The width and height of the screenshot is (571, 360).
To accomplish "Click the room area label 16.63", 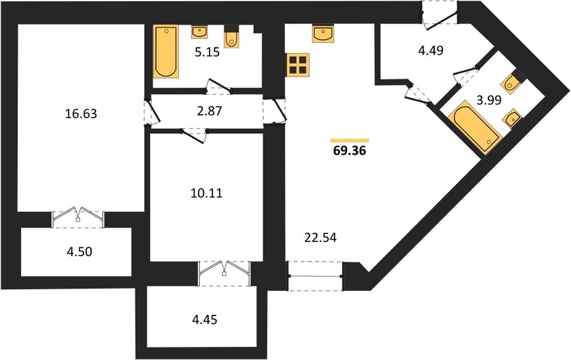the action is pyautogui.click(x=81, y=113).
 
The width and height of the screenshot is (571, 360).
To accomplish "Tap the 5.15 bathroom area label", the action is pyautogui.click(x=207, y=52).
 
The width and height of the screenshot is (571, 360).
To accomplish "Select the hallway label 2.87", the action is pyautogui.click(x=210, y=111).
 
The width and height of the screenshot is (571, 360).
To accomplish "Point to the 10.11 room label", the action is pyautogui.click(x=207, y=193).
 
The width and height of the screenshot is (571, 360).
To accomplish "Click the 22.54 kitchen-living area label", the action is pyautogui.click(x=321, y=238).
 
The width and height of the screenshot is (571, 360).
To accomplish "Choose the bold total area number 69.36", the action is pyautogui.click(x=349, y=151).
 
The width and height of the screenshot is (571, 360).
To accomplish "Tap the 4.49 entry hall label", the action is pyautogui.click(x=431, y=50).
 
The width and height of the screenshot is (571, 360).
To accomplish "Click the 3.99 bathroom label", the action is pyautogui.click(x=489, y=100).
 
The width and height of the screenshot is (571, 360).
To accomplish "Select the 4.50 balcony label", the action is pyautogui.click(x=79, y=251).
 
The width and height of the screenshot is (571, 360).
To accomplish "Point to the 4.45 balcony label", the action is pyautogui.click(x=205, y=320).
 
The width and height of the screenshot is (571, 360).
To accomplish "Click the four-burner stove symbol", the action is pyautogui.click(x=298, y=65).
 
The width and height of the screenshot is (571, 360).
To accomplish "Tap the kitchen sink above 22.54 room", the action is pyautogui.click(x=323, y=34).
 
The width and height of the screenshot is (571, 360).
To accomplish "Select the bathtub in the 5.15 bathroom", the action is pyautogui.click(x=166, y=52).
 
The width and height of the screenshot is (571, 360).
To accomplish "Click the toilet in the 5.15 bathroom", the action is pyautogui.click(x=231, y=37).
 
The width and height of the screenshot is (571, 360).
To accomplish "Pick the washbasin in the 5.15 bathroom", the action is pyautogui.click(x=199, y=32).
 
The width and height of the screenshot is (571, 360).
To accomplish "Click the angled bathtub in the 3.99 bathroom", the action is pyautogui.click(x=475, y=127).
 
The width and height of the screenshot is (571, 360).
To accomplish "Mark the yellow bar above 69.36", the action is pyautogui.click(x=349, y=140).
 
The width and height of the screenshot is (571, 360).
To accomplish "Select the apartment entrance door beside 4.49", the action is pyautogui.click(x=440, y=14).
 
